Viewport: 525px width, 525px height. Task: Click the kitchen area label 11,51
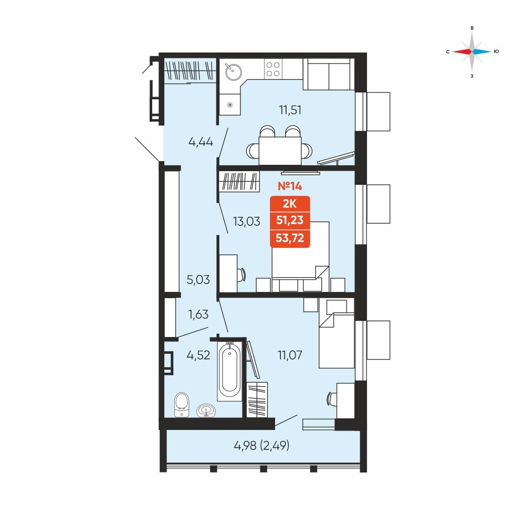290,110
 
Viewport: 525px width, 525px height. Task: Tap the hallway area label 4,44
201,142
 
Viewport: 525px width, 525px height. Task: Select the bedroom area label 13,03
246,222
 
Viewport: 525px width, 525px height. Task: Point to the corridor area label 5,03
198,280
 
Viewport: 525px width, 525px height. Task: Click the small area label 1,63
198,314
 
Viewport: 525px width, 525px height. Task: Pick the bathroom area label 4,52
198,355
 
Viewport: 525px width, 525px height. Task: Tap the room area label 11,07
290,355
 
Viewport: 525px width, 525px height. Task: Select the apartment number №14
290,186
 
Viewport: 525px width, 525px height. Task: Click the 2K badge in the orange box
290,204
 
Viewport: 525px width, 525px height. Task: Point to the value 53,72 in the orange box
290,238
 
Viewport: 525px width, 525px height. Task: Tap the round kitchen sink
234,71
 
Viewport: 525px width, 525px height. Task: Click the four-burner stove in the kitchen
273,69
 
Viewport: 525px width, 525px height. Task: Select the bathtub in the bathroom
229,371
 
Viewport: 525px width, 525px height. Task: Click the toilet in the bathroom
182,404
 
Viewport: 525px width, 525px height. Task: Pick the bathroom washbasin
206,411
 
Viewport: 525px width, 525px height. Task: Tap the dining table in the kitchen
280,151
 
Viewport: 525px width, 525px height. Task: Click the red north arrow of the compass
462,51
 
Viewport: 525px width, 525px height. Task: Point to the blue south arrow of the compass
481,51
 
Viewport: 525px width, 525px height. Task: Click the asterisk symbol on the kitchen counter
230,105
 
